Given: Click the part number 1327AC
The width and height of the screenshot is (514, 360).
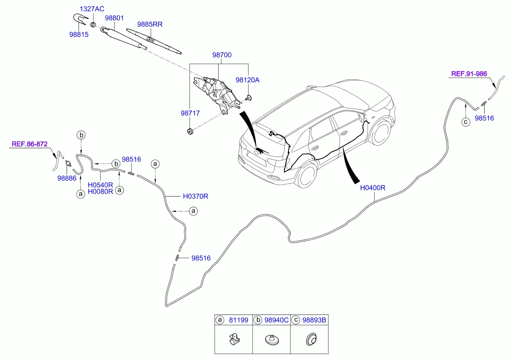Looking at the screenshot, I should (93, 9).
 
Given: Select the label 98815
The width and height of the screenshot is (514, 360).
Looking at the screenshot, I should (79, 35).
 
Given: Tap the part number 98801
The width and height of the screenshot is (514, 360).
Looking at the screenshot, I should (114, 18).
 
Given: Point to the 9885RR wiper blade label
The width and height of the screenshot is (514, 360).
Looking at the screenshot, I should (149, 24).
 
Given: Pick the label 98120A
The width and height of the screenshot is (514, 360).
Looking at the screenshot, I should (247, 80).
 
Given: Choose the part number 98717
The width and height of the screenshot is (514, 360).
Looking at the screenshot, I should (190, 113).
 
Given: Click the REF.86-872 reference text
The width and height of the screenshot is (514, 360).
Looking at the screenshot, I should (29, 144).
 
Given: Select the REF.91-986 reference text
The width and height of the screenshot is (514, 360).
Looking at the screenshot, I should (469, 74).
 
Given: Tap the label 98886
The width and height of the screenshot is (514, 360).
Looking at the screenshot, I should (67, 178).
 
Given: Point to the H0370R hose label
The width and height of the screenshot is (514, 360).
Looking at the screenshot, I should (195, 197).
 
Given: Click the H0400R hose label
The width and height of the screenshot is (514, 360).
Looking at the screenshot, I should (372, 188).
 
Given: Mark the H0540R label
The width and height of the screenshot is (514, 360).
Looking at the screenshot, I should (101, 185).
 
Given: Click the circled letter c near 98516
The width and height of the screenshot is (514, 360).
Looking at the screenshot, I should (466, 122).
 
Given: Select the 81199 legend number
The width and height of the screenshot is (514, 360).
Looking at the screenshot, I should (238, 321).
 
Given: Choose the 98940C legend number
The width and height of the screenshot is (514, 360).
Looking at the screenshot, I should (276, 321).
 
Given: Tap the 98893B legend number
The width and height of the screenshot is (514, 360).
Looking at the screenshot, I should (314, 321).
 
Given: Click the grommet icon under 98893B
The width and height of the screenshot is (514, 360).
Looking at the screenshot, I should (311, 340).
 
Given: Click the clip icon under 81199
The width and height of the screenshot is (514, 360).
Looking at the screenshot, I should (233, 340).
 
